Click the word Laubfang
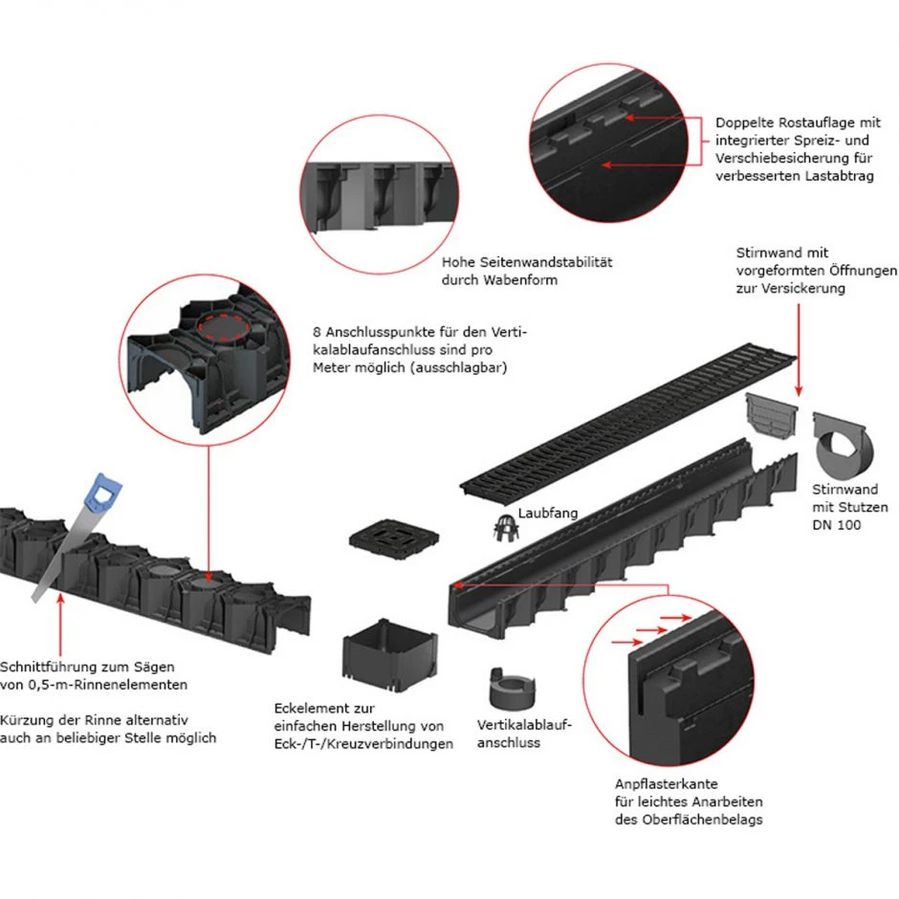(548, 515)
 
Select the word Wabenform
(522, 280)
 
